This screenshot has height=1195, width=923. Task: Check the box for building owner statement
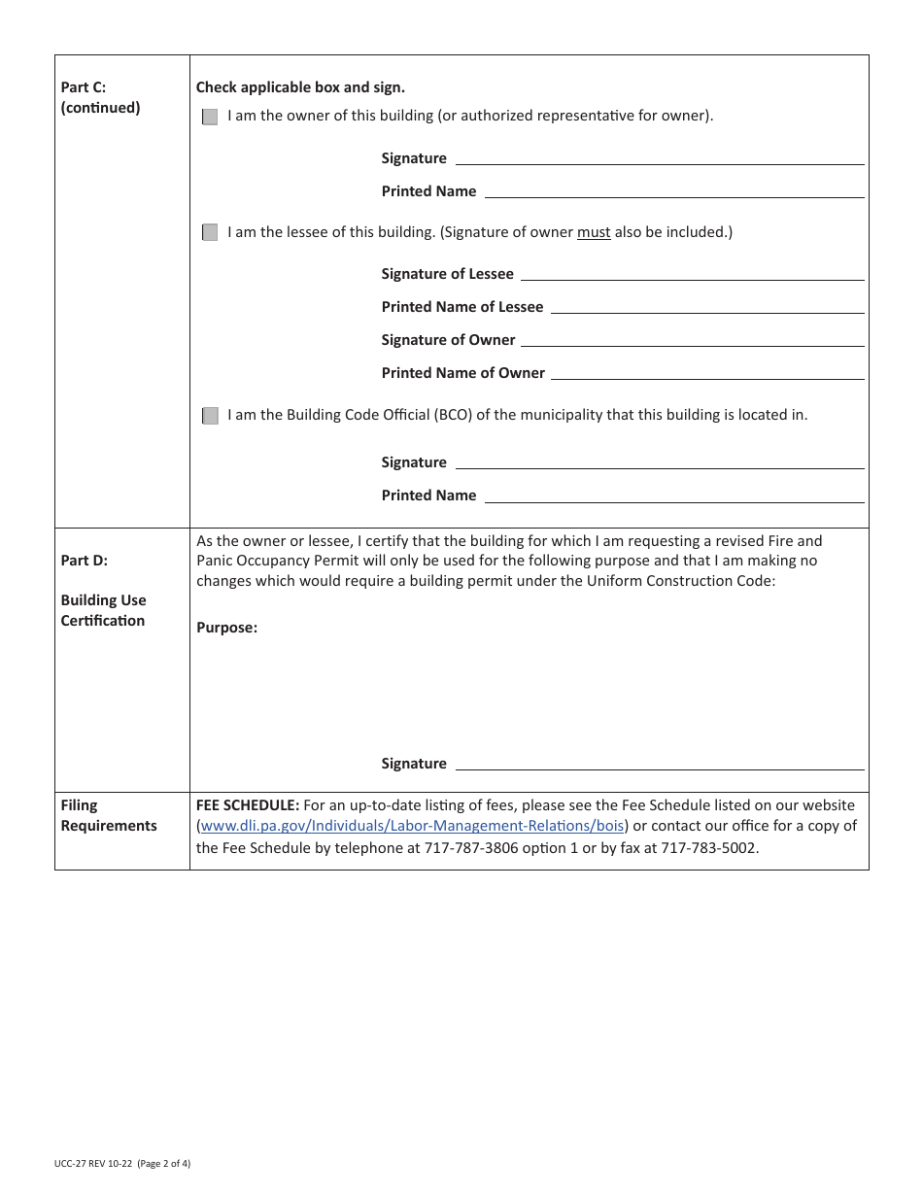(x=210, y=117)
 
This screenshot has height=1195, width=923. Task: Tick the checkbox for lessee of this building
(x=210, y=232)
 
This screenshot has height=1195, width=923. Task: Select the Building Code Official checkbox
(x=210, y=416)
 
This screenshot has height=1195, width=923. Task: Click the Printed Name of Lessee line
(x=706, y=308)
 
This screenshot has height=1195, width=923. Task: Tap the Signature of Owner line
(x=693, y=341)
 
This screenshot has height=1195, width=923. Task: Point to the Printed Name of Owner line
(x=707, y=374)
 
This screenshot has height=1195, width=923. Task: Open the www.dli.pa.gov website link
(x=412, y=826)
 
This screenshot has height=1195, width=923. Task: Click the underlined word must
(x=594, y=232)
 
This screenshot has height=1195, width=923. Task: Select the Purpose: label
(x=226, y=628)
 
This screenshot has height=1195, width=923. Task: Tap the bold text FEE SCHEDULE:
(x=248, y=805)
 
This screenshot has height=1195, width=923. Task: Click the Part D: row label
(x=85, y=561)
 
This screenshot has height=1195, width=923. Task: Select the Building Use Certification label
(x=103, y=610)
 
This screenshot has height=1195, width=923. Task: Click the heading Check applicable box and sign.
(x=300, y=87)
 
